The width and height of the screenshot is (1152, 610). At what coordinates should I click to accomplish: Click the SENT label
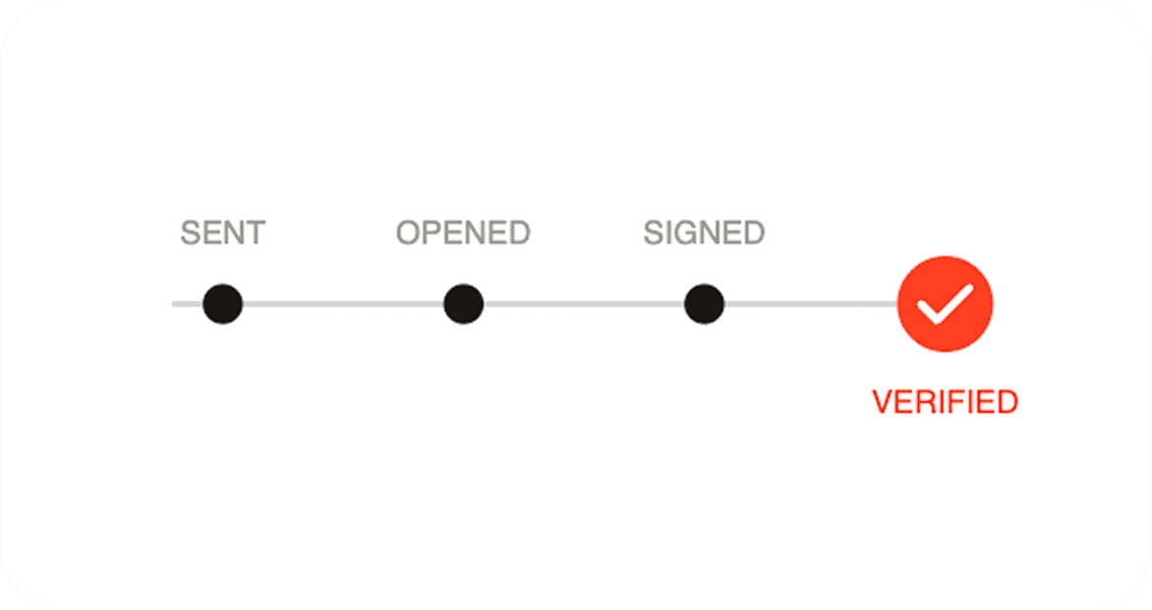click(x=222, y=233)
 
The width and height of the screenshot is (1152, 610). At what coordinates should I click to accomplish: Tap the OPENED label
click(x=463, y=233)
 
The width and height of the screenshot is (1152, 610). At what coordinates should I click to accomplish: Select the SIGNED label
click(x=704, y=233)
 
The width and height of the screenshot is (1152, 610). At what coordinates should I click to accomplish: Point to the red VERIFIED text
click(x=945, y=401)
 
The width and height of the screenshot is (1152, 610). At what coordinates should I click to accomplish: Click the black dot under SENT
click(x=222, y=304)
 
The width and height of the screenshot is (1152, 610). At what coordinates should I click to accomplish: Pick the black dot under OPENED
click(x=464, y=304)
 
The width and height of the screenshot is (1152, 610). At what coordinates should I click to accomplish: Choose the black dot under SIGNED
click(x=704, y=304)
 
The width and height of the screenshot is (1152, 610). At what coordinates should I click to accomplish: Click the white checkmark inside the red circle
click(x=945, y=304)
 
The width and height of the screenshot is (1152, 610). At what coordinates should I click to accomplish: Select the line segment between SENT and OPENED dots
click(x=343, y=304)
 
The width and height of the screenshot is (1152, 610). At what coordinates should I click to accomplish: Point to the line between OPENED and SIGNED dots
click(x=584, y=304)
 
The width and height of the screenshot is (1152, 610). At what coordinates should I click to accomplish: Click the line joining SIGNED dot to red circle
click(x=811, y=304)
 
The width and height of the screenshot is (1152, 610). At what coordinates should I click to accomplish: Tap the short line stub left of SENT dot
click(x=188, y=304)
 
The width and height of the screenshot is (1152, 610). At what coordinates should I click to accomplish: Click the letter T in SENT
click(x=256, y=233)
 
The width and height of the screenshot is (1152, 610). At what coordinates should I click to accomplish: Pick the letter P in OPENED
click(x=434, y=233)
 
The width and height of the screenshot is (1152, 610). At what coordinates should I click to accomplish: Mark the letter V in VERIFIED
click(x=883, y=401)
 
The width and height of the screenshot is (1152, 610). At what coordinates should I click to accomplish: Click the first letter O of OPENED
click(x=409, y=233)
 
